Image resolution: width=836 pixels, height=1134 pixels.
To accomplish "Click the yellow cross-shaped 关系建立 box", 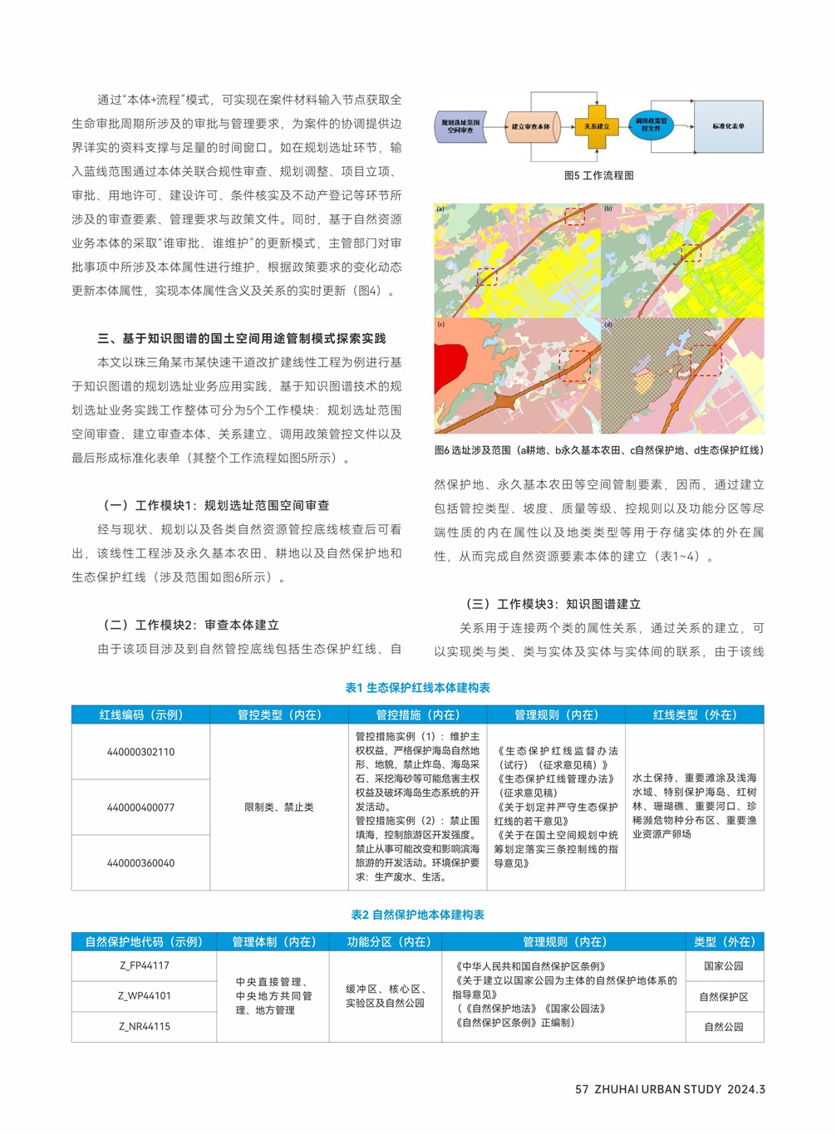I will [596, 126].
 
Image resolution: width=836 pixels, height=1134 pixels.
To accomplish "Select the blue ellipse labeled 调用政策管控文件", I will [651, 125].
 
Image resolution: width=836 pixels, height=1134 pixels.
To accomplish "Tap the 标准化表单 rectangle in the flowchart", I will [728, 126].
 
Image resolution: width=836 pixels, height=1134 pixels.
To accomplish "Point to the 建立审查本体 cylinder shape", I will [530, 127].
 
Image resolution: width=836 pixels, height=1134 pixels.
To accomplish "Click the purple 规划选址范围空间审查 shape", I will [460, 126].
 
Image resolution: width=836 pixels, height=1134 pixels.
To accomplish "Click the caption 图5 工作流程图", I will [598, 175].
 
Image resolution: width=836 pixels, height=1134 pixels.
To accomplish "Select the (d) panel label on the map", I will [608, 325].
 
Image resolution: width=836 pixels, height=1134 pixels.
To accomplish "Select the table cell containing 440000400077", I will [140, 808].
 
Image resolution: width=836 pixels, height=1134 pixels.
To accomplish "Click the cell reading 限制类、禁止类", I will [278, 808].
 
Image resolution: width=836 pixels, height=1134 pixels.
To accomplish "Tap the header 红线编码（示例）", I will [140, 714].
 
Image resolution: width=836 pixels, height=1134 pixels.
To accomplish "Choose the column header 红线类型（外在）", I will [694, 714].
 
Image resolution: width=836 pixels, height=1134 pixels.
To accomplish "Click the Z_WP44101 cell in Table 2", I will [144, 996].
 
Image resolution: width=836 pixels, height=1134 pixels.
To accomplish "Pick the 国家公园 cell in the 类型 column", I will [723, 966].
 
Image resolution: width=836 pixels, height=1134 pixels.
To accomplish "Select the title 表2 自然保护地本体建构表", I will [417, 915].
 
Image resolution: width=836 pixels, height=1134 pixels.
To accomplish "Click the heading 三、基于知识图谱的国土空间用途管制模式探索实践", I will [241, 338].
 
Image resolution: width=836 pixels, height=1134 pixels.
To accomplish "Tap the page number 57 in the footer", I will [582, 1089].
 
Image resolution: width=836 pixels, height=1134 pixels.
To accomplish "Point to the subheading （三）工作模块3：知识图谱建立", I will [553, 604].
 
